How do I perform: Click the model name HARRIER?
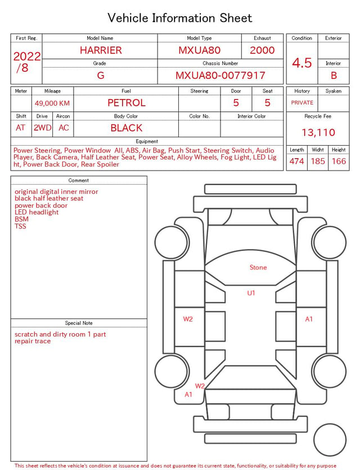tap(101, 50)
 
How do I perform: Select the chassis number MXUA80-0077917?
tap(220, 75)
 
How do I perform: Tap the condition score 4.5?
tap(302, 63)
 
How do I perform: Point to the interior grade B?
tap(334, 75)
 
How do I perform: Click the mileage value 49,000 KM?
tap(52, 104)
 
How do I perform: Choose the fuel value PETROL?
tap(127, 103)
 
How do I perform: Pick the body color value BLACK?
tap(127, 128)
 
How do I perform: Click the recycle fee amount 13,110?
tap(318, 132)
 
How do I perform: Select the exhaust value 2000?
tap(262, 50)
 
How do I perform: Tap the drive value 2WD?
tap(42, 128)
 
